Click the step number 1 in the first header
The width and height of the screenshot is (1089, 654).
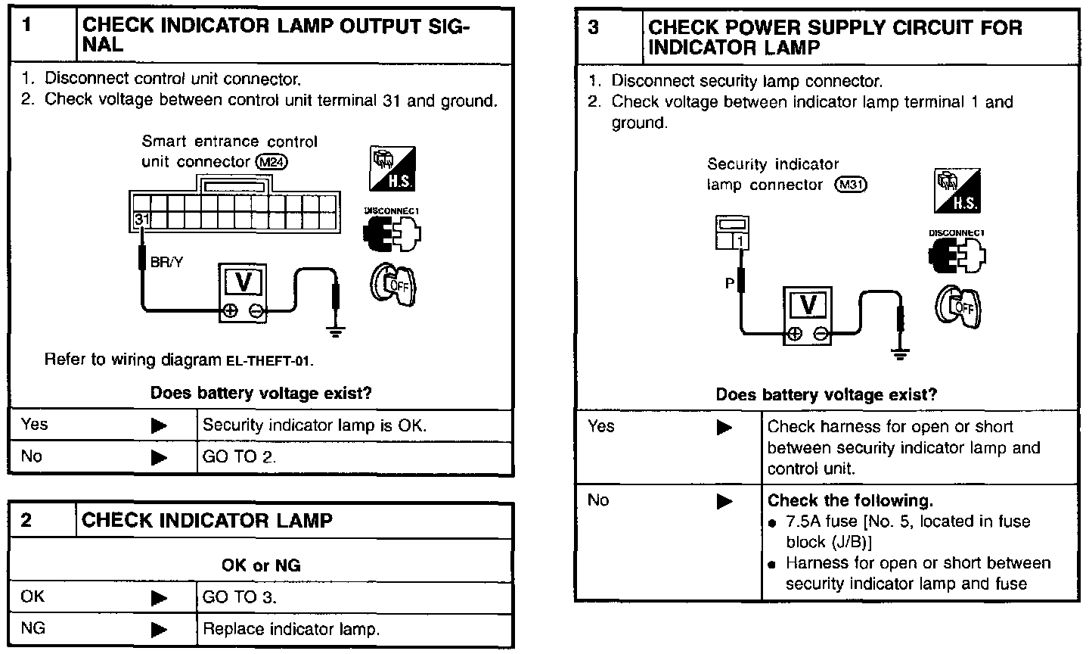(27, 26)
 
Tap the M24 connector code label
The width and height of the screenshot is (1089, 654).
(272, 162)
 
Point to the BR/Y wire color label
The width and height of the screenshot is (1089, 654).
(166, 263)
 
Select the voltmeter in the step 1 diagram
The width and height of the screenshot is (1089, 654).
(244, 294)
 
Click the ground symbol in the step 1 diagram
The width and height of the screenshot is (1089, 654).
(335, 328)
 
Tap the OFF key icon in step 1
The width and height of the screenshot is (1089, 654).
(392, 286)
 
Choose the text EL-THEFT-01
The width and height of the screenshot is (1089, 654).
(269, 360)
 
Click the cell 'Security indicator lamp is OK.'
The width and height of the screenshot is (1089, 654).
(315, 425)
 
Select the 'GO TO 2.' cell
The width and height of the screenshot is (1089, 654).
(239, 457)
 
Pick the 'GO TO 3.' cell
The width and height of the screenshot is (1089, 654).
(240, 597)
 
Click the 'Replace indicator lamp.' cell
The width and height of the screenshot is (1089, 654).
(290, 629)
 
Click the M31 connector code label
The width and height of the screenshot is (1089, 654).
(850, 185)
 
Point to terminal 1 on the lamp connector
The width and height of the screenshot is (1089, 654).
(741, 241)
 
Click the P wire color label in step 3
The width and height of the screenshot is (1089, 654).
(730, 284)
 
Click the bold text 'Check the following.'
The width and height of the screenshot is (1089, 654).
(850, 500)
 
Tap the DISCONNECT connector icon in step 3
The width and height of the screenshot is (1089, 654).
(957, 252)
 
